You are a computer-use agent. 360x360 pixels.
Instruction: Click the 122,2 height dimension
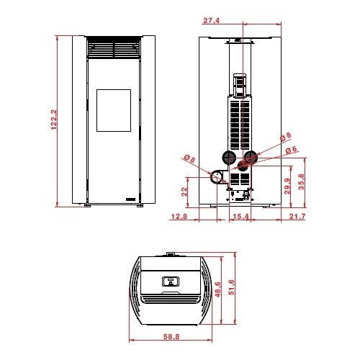54,120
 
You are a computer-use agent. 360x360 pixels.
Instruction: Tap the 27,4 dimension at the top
212,21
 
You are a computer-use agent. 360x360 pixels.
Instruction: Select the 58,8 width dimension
171,336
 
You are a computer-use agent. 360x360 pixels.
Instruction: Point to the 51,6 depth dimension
232,287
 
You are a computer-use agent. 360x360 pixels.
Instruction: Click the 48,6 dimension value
218,289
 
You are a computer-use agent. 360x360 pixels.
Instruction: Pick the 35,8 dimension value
302,181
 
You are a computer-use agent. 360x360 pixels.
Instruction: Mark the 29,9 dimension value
287,186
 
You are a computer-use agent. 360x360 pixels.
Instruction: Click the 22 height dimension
184,192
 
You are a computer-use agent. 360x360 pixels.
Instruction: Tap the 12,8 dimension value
179,217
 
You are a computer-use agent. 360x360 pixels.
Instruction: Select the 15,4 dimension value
240,217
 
